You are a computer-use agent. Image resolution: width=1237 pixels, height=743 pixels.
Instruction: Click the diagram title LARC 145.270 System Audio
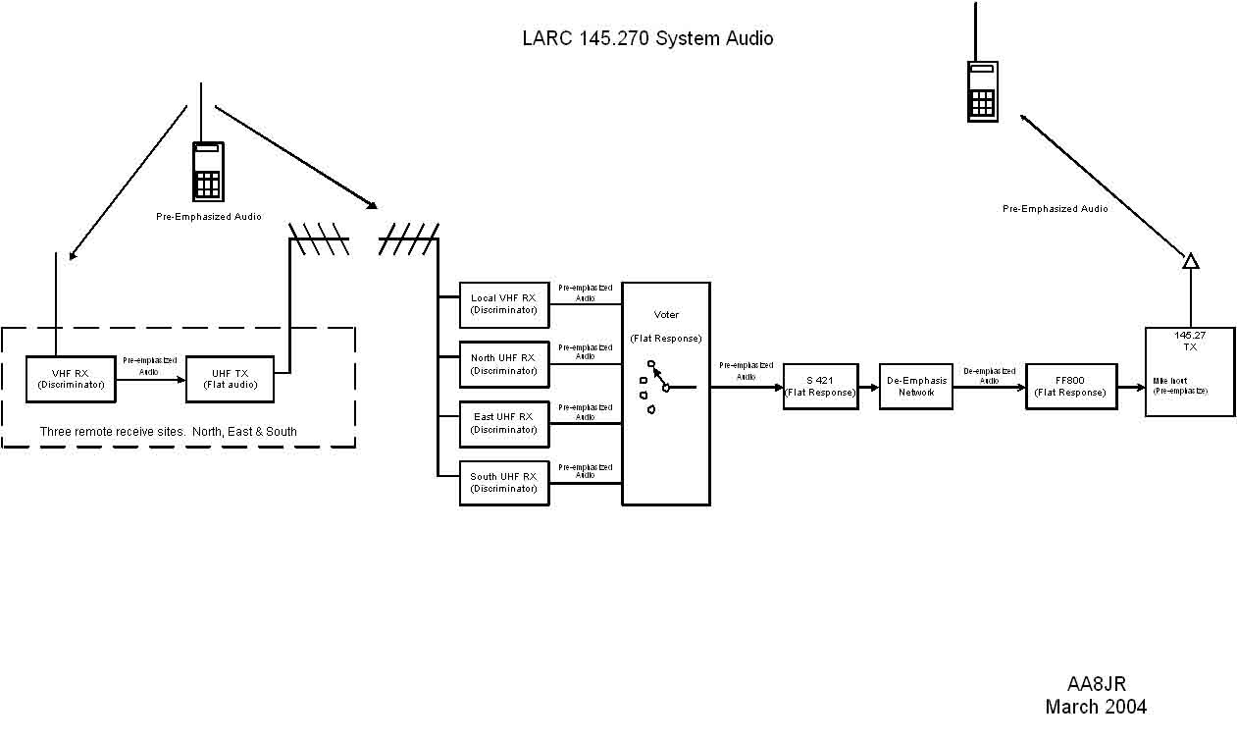click(x=647, y=39)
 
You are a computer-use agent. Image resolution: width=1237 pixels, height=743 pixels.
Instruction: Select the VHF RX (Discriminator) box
click(x=70, y=379)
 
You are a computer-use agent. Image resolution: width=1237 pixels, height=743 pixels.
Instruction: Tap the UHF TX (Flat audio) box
click(x=230, y=379)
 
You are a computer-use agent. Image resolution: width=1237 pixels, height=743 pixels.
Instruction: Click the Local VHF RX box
click(x=503, y=304)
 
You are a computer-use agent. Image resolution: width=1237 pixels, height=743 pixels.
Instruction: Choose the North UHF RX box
click(x=503, y=364)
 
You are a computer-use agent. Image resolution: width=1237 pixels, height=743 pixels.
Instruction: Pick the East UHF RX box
click(x=503, y=423)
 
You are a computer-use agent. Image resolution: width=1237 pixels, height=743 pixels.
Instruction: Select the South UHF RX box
click(x=503, y=483)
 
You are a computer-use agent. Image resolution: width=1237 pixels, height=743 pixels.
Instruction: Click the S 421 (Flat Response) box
click(x=820, y=387)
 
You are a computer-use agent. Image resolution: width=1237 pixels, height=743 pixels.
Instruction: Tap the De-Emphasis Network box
click(x=915, y=387)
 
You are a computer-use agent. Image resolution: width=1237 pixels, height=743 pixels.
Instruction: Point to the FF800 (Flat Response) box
click(x=1070, y=387)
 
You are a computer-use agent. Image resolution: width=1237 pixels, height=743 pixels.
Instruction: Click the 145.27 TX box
click(x=1189, y=372)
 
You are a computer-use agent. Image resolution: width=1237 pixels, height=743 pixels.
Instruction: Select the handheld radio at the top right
click(x=982, y=90)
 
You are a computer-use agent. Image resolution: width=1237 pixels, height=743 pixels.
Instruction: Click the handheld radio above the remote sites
click(x=208, y=171)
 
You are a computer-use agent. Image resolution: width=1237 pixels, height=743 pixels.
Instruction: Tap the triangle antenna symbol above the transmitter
click(x=1190, y=261)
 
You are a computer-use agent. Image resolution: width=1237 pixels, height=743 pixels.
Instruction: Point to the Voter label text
click(x=666, y=315)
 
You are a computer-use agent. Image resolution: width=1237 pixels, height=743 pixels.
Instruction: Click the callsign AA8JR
click(x=1096, y=685)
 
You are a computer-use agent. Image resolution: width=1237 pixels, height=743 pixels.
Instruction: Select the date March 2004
click(x=1096, y=707)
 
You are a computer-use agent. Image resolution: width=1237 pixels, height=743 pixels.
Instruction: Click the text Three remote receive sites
click(x=168, y=432)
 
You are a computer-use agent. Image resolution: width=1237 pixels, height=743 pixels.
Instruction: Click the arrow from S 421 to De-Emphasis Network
click(x=868, y=388)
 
